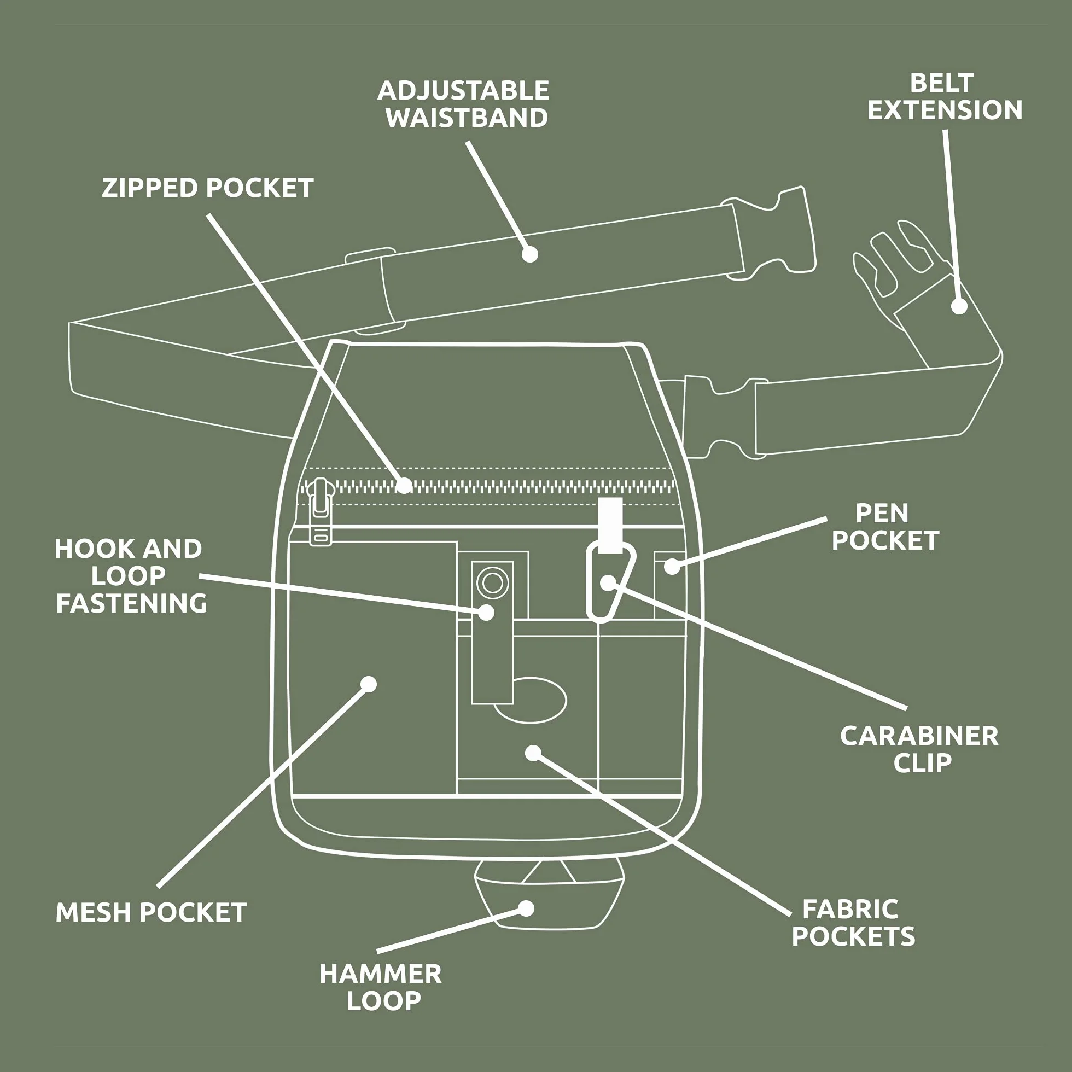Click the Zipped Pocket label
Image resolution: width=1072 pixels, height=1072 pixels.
pyautogui.click(x=207, y=188)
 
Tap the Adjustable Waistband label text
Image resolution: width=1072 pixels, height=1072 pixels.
pyautogui.click(x=464, y=104)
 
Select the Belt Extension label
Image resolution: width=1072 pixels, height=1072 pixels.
pyautogui.click(x=945, y=97)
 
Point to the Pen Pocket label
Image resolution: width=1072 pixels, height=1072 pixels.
pyautogui.click(x=885, y=527)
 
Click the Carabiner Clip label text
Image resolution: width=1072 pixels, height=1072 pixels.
pyautogui.click(x=919, y=750)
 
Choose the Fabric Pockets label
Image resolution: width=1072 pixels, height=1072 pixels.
pyautogui.click(x=853, y=923)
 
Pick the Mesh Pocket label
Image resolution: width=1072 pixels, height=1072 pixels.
pyautogui.click(x=152, y=913)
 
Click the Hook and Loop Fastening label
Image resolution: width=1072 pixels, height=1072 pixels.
pyautogui.click(x=131, y=576)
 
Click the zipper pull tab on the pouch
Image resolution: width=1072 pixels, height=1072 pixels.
pyautogui.click(x=319, y=512)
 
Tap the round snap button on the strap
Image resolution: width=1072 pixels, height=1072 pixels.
pyautogui.click(x=492, y=582)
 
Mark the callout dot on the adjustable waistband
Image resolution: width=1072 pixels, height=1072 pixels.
pyautogui.click(x=530, y=254)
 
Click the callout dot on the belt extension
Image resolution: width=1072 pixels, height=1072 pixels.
pyautogui.click(x=959, y=306)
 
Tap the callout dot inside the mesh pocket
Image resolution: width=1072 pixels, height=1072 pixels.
pyautogui.click(x=369, y=684)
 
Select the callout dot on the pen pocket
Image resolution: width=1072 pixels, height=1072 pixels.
pyautogui.click(x=672, y=567)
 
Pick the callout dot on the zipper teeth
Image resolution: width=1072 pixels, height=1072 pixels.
pyautogui.click(x=405, y=486)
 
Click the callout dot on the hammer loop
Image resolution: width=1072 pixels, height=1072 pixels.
pyautogui.click(x=526, y=908)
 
